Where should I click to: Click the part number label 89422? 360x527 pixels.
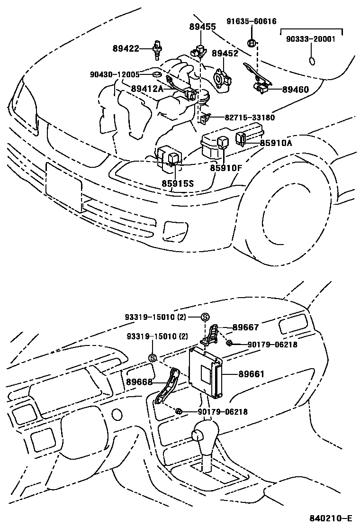[x=126, y=48]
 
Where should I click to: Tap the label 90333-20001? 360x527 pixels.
[x=310, y=39]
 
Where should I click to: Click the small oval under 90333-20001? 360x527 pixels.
[x=312, y=61]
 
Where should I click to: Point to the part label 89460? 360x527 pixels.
[x=295, y=89]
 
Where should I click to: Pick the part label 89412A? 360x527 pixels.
[x=147, y=89]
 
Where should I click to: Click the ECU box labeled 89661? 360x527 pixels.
[x=205, y=372]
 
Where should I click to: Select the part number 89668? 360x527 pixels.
[x=139, y=381]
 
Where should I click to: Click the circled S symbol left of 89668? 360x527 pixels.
[x=153, y=358]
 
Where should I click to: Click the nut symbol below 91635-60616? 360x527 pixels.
[x=252, y=44]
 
